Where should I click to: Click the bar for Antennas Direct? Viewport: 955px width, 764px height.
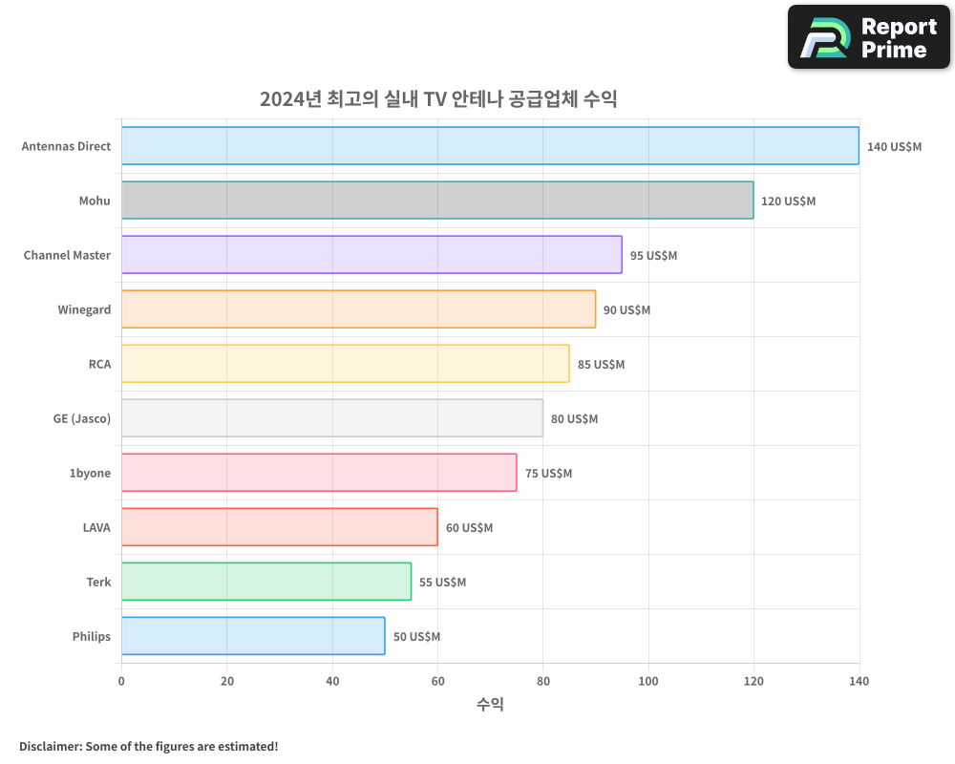[x=490, y=146]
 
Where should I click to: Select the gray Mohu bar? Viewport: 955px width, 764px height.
[x=437, y=201]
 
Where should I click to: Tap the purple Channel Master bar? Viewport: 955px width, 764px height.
[x=371, y=255]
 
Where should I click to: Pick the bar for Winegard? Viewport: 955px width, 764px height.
[x=358, y=309]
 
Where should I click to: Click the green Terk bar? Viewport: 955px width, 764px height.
[x=266, y=582]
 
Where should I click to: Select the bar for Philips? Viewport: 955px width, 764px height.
[x=253, y=636]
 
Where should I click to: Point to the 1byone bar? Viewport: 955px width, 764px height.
[x=319, y=473]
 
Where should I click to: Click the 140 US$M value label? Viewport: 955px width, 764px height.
[x=894, y=147]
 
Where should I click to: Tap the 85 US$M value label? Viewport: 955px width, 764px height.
[x=601, y=365]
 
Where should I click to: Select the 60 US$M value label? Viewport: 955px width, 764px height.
[x=469, y=528]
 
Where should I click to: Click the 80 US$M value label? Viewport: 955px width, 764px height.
[x=574, y=419]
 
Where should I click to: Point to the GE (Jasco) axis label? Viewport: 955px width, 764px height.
[x=82, y=419]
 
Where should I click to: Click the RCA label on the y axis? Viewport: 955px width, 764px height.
[x=99, y=365]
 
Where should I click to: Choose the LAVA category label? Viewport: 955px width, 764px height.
[x=96, y=528]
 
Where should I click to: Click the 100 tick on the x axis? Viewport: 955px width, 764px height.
[x=648, y=681]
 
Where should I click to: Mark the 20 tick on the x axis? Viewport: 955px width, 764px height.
[x=226, y=681]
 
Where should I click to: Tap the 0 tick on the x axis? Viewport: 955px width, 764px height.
[x=121, y=681]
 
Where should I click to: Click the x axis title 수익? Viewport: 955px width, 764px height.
[x=490, y=705]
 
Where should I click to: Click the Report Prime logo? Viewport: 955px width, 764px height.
[x=869, y=37]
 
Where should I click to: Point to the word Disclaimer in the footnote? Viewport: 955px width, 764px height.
[x=50, y=746]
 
